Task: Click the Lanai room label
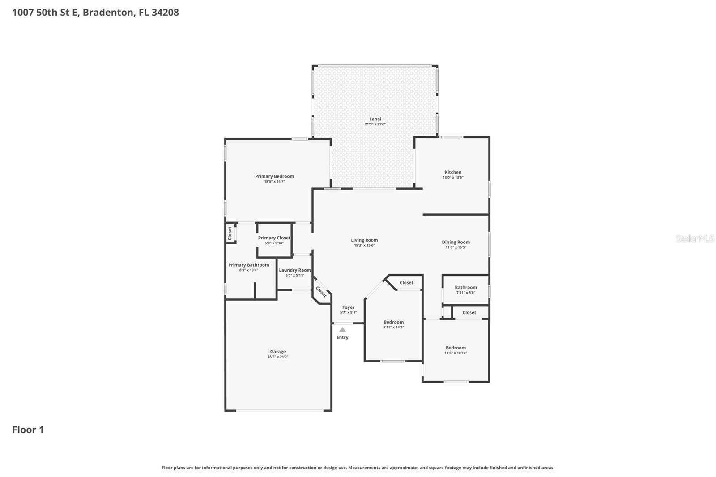(375, 119)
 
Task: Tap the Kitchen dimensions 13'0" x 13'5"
(453, 178)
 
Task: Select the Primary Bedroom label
(274, 176)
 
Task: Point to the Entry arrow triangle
(342, 330)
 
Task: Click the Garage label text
(277, 352)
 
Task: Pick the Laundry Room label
(294, 270)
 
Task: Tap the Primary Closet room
(274, 240)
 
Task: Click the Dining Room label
(456, 242)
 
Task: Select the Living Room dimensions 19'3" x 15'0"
(364, 245)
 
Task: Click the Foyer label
(348, 307)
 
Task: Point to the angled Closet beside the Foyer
(321, 291)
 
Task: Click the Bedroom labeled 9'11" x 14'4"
(393, 324)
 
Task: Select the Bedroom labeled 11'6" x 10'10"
(456, 350)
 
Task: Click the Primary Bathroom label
(248, 265)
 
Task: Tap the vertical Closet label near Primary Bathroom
(230, 233)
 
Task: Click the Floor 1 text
(28, 430)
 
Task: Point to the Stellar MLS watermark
(695, 238)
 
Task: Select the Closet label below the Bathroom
(469, 312)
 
